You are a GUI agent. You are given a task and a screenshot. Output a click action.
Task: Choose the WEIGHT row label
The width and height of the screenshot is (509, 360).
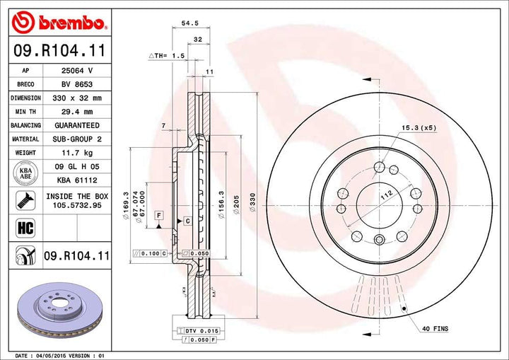pos(25,153)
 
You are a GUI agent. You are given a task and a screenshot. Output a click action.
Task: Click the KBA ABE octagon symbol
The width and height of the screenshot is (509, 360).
pos(24,173)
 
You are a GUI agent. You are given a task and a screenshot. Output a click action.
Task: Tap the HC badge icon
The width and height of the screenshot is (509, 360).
pos(24,227)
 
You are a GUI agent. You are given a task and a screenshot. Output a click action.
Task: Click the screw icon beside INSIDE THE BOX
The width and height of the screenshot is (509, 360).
pos(24,200)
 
